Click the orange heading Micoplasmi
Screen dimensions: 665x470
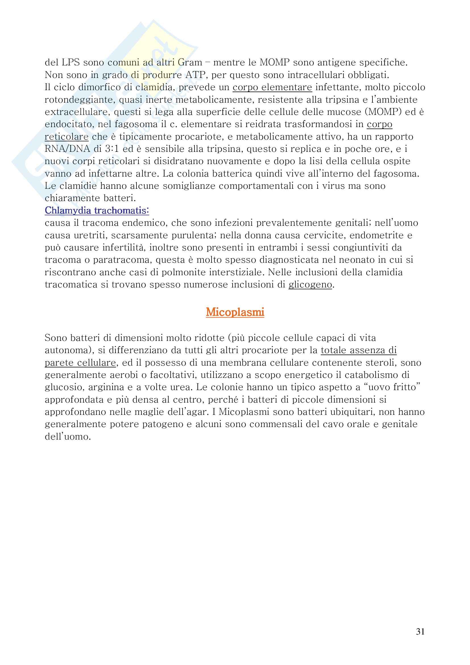pos(235,312)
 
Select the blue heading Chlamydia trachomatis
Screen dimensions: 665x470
pos(97,211)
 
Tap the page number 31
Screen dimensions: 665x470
pos(420,632)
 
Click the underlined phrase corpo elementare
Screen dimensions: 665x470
pos(272,87)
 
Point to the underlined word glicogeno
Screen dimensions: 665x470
pos(310,285)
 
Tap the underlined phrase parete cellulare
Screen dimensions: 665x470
pos(80,362)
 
